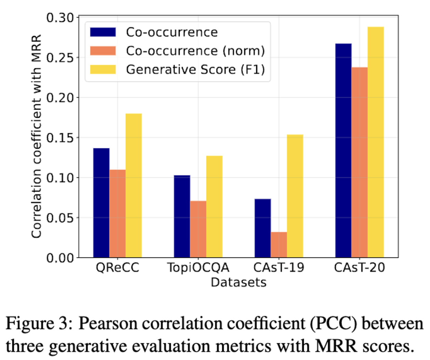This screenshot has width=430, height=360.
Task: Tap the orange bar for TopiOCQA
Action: click(x=198, y=229)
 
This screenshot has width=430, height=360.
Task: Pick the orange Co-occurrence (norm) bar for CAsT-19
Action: click(x=279, y=245)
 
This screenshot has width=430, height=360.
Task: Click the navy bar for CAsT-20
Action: click(x=343, y=151)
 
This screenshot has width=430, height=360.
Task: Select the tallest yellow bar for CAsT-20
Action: click(x=376, y=142)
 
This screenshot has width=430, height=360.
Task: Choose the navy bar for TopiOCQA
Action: click(x=182, y=216)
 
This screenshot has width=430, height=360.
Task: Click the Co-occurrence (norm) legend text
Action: click(x=195, y=51)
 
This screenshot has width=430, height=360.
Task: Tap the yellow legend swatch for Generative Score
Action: click(x=103, y=69)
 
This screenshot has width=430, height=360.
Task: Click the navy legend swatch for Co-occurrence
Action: click(x=103, y=32)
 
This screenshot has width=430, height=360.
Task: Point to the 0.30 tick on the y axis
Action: click(x=60, y=17)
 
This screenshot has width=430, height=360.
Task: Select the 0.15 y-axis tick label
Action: click(x=60, y=138)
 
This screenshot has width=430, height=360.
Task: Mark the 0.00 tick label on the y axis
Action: click(x=60, y=258)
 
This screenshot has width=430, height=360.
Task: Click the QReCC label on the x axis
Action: click(x=117, y=267)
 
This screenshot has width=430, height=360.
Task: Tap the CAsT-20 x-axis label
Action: click(x=359, y=267)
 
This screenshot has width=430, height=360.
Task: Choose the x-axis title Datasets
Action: click(x=238, y=282)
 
